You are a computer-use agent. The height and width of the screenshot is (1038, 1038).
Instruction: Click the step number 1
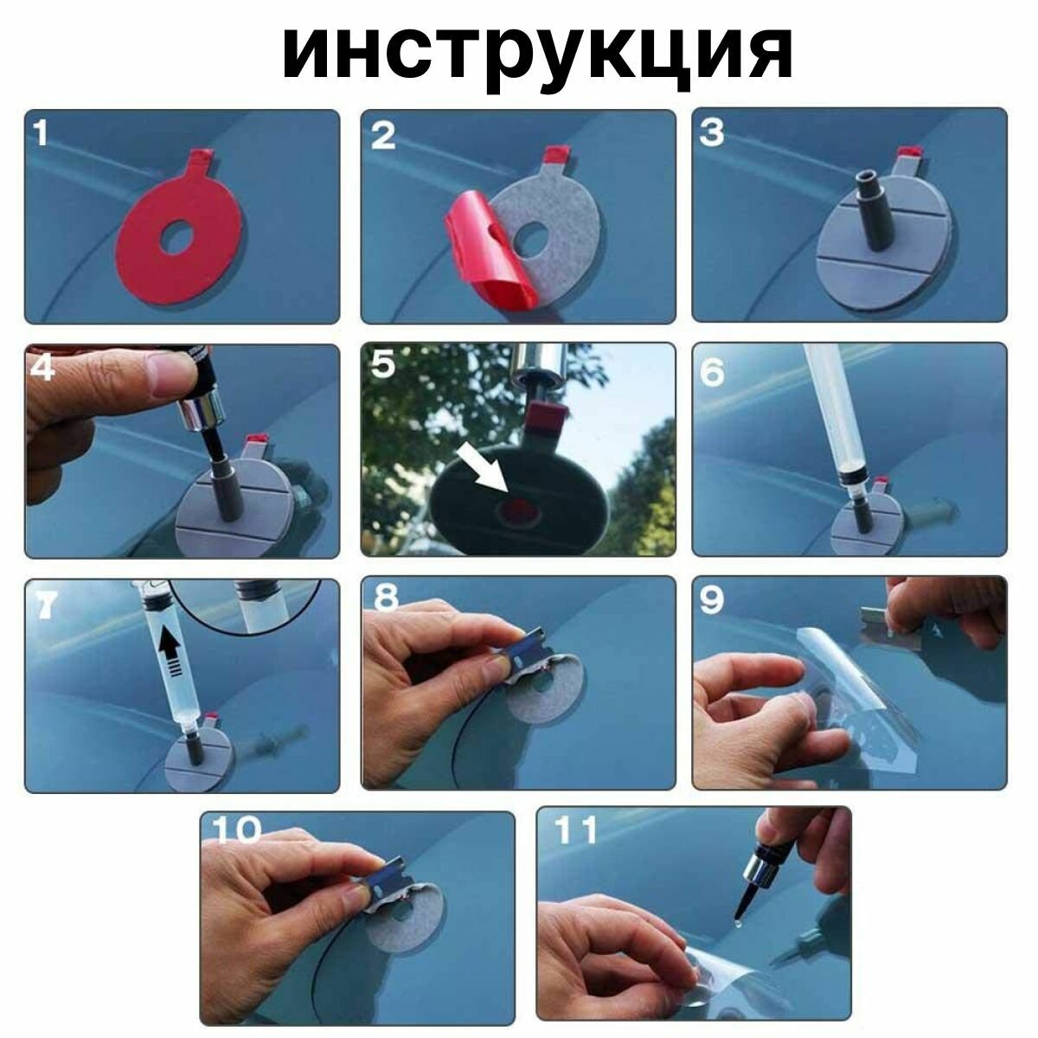pyautogui.click(x=41, y=133)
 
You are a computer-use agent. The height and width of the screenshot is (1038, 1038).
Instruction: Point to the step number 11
pyautogui.click(x=576, y=830)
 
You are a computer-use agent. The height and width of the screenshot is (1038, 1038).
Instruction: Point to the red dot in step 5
pyautogui.click(x=518, y=506)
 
